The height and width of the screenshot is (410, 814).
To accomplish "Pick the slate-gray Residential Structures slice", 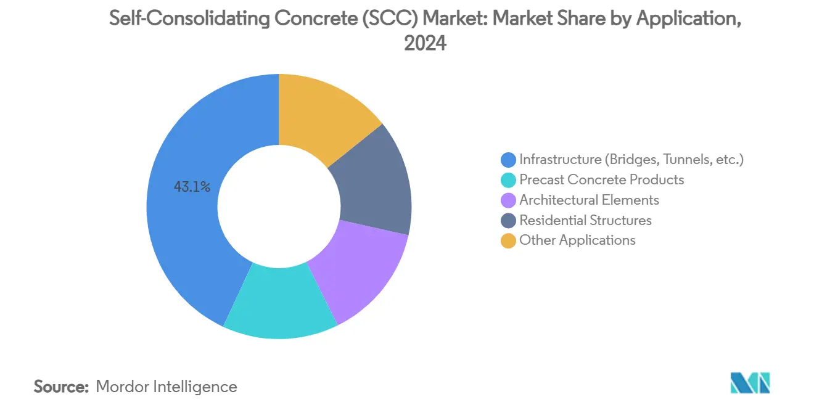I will tap(376, 185).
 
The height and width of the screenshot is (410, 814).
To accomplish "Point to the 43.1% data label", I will tap(192, 187).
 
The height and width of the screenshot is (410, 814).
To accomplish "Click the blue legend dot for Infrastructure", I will tap(509, 160).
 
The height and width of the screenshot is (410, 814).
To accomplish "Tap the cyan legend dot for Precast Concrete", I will tap(509, 180).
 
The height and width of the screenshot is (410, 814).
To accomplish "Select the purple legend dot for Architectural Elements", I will tap(509, 200).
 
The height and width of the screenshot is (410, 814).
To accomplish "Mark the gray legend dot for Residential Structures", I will tap(509, 221).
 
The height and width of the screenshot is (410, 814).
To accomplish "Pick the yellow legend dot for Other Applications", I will tap(509, 240).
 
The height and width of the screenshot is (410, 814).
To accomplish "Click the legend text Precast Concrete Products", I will tap(601, 180).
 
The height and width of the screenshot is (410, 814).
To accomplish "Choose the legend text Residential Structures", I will tap(585, 220).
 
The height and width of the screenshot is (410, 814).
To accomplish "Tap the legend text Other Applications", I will tap(577, 240).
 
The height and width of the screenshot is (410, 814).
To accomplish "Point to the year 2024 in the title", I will tap(425, 43).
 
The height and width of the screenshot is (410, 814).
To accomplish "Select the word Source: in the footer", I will tap(62, 387).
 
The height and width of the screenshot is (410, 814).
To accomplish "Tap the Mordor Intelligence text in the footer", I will tap(166, 387).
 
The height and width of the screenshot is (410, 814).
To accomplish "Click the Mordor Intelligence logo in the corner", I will tap(750, 383).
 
